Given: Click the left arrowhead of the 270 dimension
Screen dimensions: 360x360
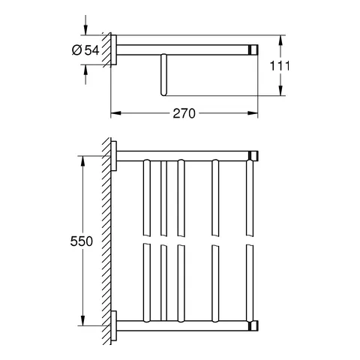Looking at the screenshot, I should click(114, 114).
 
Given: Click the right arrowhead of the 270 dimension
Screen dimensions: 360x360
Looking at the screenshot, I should click(256, 114).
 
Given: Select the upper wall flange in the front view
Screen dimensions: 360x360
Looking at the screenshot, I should click(115, 156).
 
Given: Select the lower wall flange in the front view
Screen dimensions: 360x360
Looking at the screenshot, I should click(115, 327).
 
